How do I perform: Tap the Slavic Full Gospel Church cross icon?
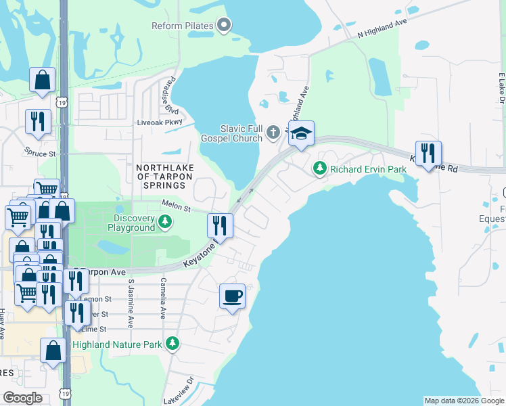[273, 131]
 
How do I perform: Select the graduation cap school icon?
[301, 133]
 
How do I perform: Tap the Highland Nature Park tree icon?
[173, 344]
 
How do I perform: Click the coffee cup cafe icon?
[232, 296]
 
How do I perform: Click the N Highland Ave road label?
[382, 27]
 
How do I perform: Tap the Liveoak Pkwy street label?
[160, 122]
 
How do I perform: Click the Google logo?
[22, 398]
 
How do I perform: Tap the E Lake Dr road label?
[502, 88]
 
